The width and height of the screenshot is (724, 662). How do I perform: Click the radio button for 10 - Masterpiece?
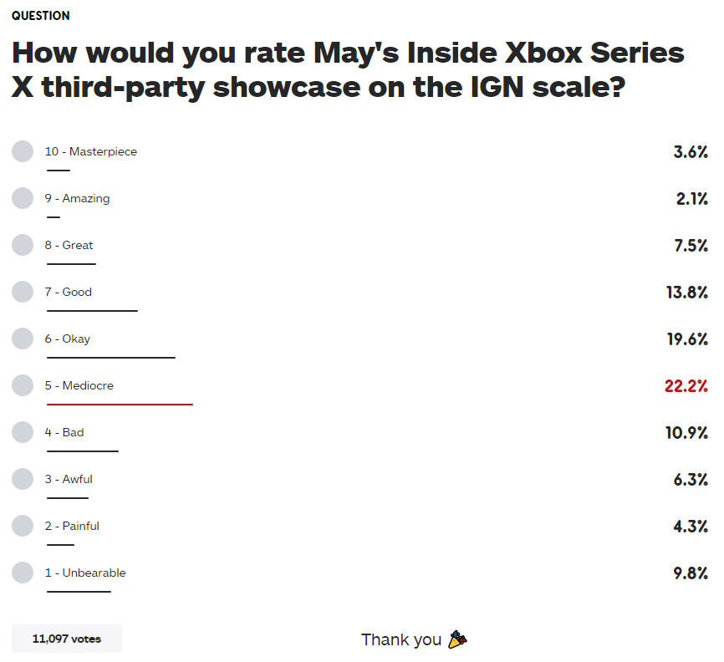23,151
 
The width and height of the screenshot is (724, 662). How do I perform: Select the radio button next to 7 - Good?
23,292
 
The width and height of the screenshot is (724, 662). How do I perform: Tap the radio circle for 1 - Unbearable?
23,573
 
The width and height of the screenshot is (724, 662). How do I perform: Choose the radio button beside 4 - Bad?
23,432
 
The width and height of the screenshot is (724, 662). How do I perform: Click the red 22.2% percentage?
686,385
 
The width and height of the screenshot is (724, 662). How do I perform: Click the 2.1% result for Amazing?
691,198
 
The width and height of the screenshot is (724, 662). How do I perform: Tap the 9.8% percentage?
691,573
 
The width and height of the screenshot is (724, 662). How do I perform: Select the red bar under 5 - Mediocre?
120,405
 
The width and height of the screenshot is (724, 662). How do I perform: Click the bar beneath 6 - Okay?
111,358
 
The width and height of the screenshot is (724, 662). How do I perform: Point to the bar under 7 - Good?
92,311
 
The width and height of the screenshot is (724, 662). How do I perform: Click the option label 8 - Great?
69,245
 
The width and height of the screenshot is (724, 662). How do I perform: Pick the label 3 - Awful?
69,479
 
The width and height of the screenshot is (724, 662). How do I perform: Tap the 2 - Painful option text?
72,526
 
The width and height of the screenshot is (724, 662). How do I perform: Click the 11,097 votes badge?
67,639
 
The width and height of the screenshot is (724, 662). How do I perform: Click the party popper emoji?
456,639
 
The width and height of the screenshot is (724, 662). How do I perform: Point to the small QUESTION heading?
41,16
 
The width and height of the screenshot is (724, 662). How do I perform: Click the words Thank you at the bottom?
401,639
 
